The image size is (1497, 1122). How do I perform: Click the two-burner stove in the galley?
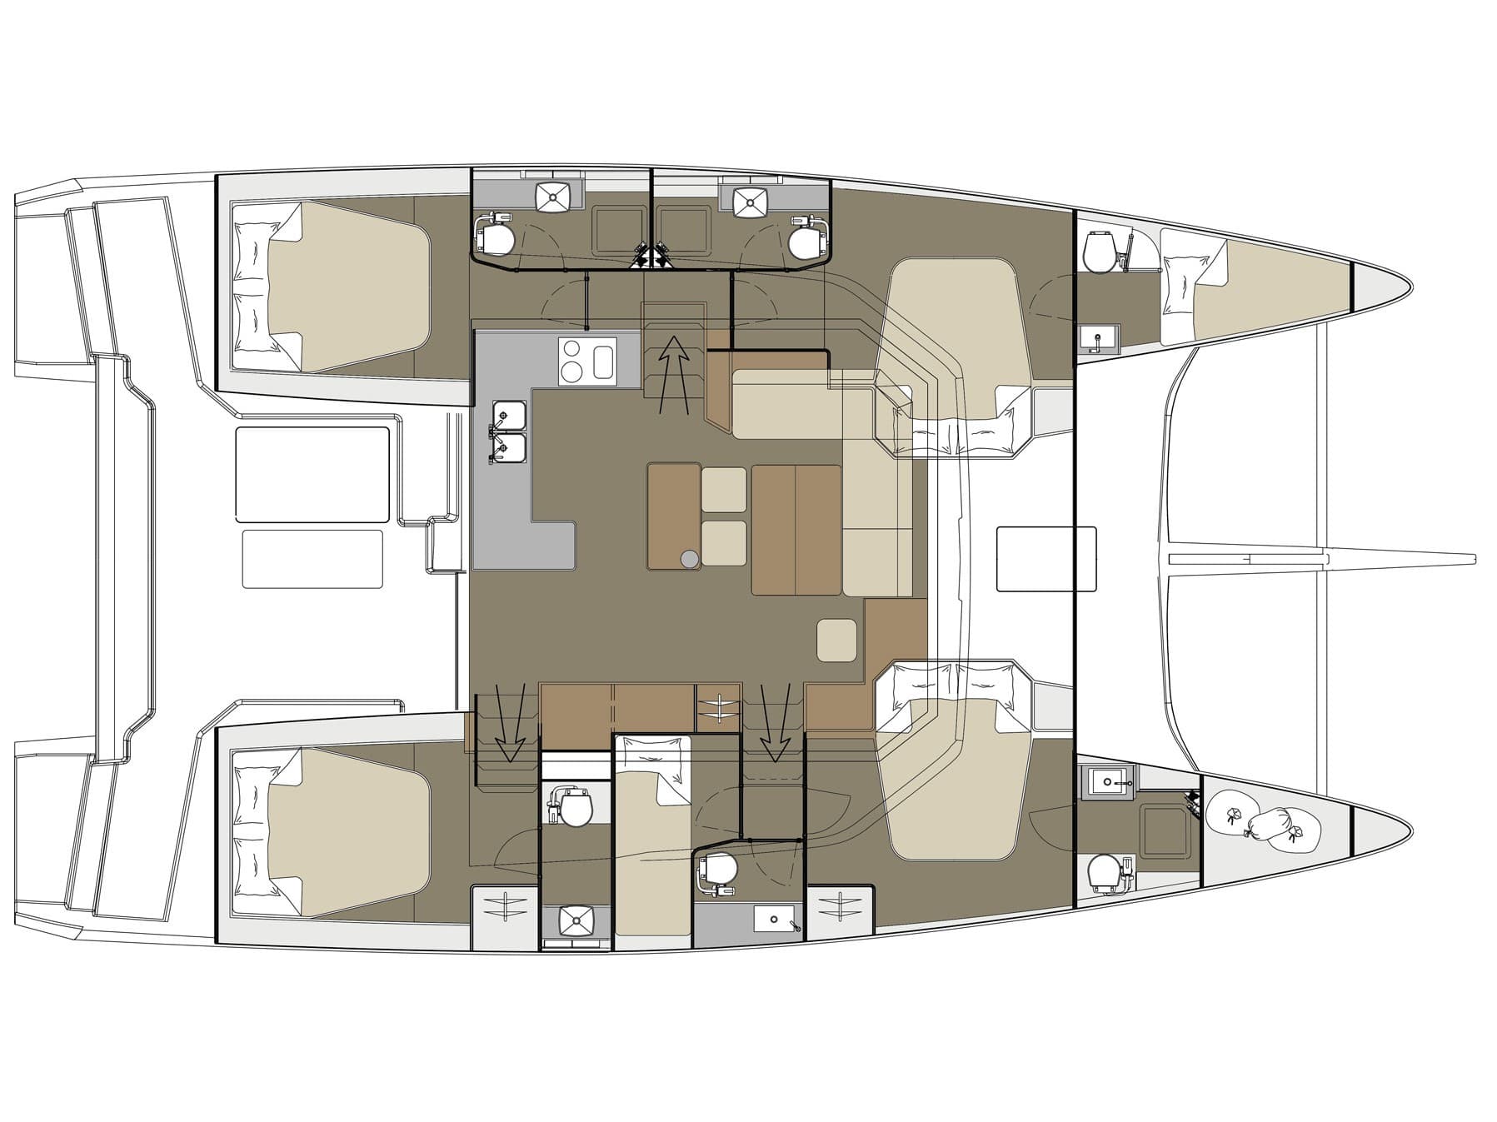click(572, 361)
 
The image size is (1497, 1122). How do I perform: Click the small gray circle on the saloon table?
click(689, 560)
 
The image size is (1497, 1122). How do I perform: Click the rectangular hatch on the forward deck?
click(1045, 558)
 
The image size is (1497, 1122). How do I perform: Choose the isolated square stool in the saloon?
click(836, 640)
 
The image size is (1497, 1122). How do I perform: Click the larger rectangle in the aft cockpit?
click(312, 475)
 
